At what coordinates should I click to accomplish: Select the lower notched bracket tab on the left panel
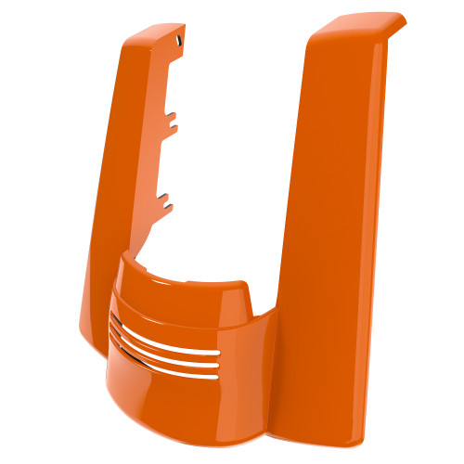165,198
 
